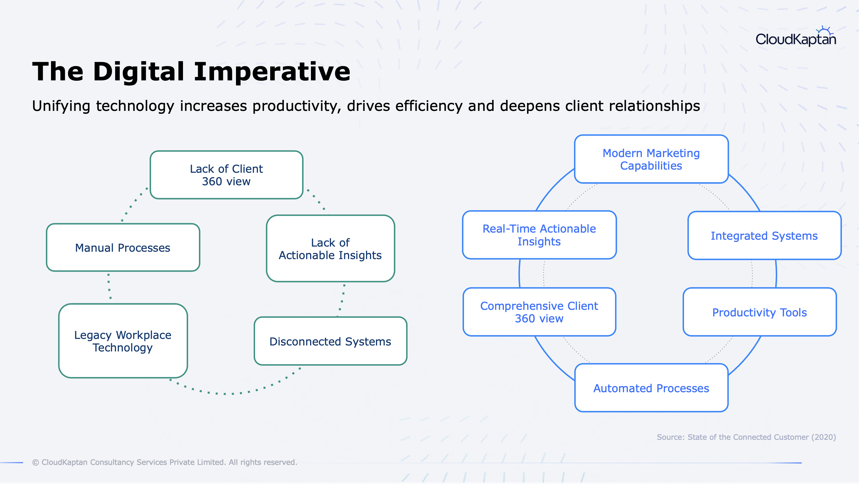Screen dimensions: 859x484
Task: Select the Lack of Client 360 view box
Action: tap(226, 175)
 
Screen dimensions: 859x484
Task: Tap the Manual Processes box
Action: tap(123, 247)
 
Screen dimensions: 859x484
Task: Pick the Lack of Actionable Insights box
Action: tap(331, 249)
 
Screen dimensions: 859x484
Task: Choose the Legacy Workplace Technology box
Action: tap(123, 341)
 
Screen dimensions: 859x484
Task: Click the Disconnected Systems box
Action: tap(331, 341)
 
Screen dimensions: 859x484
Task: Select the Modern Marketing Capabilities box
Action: tap(651, 159)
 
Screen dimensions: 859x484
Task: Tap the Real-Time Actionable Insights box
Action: tap(539, 235)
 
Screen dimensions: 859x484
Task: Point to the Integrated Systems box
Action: tap(764, 235)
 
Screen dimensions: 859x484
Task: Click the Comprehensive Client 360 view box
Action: tap(539, 312)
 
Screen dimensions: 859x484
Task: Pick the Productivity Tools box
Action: tap(760, 312)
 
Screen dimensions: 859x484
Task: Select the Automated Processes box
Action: tap(651, 388)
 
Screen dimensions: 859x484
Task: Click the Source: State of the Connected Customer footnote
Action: tap(746, 437)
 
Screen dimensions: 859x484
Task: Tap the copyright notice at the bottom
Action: tap(164, 462)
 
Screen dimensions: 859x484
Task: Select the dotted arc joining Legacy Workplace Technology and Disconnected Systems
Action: tap(233, 394)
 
